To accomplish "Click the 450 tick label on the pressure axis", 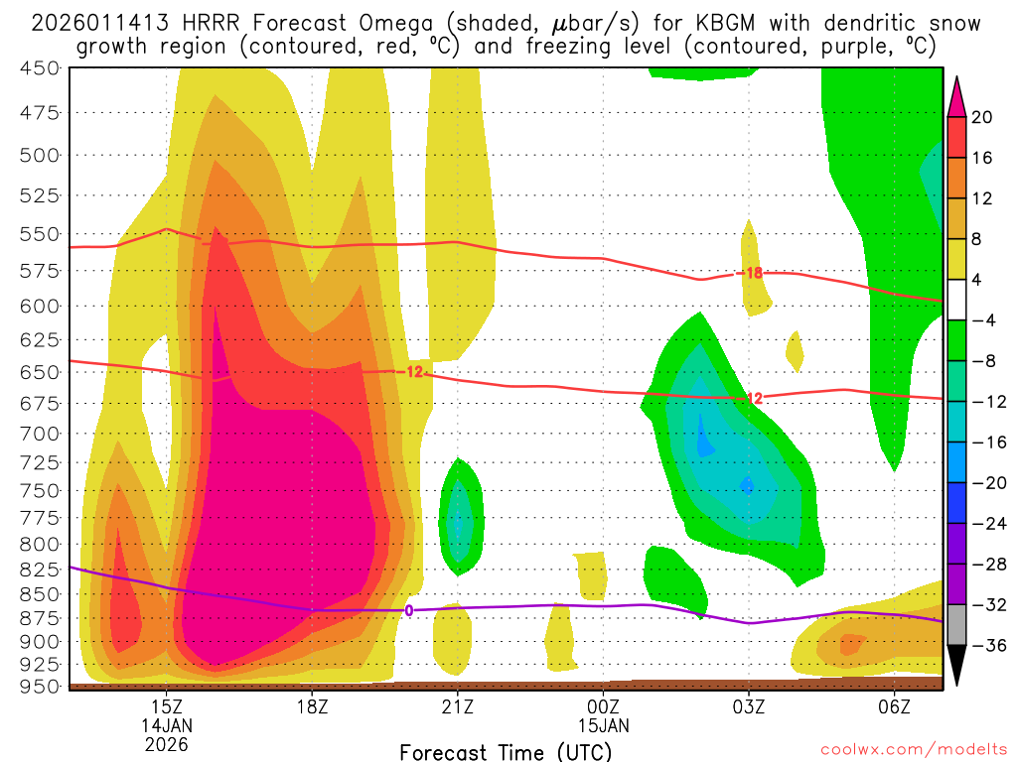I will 40,68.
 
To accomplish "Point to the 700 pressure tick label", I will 40,434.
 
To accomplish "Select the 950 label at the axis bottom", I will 40,686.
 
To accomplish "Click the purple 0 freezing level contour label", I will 408,610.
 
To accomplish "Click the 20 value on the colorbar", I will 982,117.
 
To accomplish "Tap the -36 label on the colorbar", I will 982,645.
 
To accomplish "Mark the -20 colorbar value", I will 982,482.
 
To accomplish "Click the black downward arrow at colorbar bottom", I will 957,666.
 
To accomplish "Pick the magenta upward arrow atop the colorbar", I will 957,96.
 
